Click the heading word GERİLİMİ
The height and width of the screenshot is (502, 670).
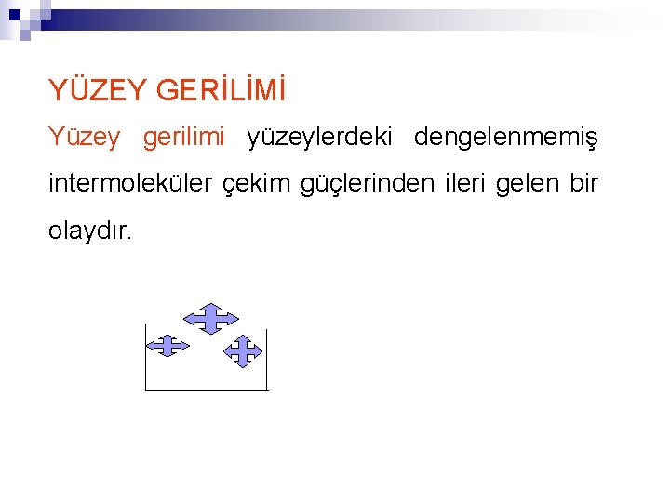[221, 90]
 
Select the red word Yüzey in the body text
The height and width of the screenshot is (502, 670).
[84, 138]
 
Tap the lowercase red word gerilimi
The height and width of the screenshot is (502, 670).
[184, 138]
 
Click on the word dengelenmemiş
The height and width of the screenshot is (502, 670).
[506, 138]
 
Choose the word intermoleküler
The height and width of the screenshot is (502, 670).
[130, 184]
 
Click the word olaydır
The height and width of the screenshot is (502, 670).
[91, 231]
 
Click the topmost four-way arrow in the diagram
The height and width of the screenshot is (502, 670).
[210, 318]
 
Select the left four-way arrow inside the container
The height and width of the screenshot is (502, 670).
[168, 346]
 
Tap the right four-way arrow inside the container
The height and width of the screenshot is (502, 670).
[244, 352]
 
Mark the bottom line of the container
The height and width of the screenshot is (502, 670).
[207, 390]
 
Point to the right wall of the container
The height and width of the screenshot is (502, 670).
[267, 363]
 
